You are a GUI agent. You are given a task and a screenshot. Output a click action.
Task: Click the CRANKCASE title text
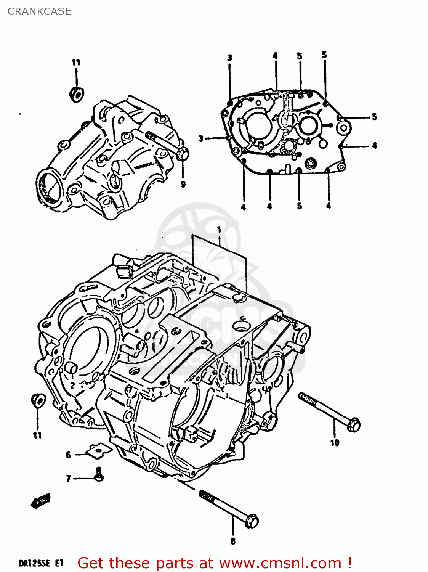[39, 11]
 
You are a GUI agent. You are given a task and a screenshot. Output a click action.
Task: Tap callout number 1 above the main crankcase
[219, 230]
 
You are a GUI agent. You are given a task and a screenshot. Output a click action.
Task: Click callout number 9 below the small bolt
[183, 185]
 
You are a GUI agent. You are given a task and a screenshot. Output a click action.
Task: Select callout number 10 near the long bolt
[335, 443]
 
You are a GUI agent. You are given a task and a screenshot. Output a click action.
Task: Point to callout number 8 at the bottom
[233, 541]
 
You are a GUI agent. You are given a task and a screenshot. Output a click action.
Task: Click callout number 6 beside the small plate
[69, 455]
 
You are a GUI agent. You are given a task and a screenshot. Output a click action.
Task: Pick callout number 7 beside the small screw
[69, 478]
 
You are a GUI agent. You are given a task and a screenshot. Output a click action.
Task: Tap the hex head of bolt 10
[354, 424]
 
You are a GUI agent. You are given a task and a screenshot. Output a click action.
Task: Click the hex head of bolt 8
[252, 521]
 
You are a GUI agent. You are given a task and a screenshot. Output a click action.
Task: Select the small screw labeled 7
[99, 475]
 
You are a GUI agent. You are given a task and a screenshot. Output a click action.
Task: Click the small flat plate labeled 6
[98, 450]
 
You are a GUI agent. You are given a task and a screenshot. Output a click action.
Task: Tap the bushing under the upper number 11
[77, 94]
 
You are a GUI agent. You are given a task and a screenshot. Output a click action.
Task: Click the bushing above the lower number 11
[38, 400]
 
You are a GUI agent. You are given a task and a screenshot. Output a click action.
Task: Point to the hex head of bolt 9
[183, 155]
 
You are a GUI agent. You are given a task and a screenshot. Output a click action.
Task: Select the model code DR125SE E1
[41, 563]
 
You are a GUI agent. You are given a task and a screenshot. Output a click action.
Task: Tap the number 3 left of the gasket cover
[201, 138]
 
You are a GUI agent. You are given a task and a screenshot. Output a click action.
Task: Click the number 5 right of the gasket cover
[374, 117]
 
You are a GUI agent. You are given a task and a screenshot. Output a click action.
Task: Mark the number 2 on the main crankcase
[72, 386]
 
